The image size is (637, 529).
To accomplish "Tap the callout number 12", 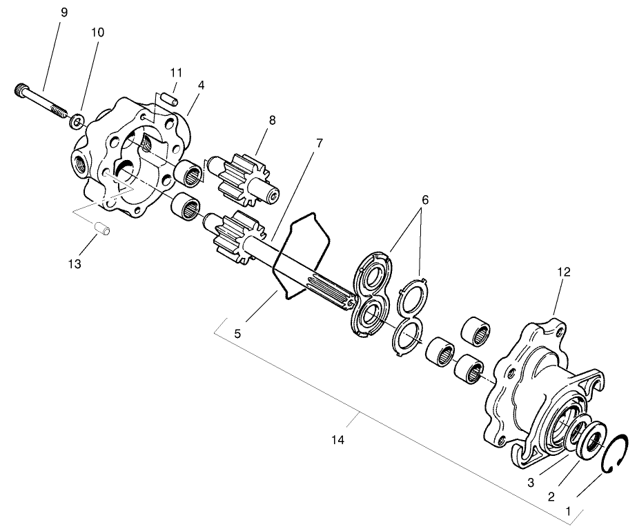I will (x=564, y=272).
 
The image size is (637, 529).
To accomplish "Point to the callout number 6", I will (x=424, y=199).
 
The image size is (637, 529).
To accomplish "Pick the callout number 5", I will (x=237, y=333).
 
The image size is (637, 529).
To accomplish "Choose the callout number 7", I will (x=320, y=143).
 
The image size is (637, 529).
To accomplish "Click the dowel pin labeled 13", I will (x=104, y=228).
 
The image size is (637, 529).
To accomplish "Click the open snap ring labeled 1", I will (x=612, y=455).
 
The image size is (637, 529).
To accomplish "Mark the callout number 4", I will (x=201, y=84).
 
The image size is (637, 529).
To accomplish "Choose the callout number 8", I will (x=272, y=120).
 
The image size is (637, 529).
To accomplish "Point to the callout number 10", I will (x=96, y=33).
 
